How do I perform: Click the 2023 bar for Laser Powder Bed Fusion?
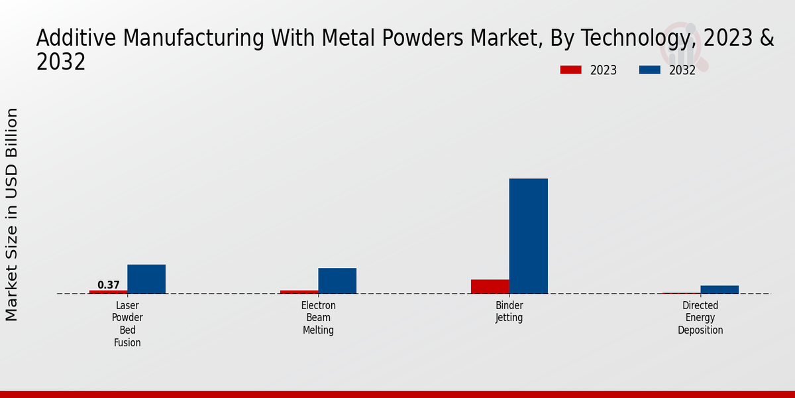pos(108,292)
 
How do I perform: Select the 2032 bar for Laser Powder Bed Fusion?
pos(146,279)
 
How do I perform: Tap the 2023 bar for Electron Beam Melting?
pos(299,292)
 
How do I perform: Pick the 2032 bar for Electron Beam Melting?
pos(337,281)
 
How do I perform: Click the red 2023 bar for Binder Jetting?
pos(490,287)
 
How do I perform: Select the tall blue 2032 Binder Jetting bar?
pos(528,236)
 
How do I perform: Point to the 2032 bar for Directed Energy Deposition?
pos(719,289)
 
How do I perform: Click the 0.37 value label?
pos(109,285)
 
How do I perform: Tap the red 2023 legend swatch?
pos(570,70)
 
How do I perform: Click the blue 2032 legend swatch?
pos(649,70)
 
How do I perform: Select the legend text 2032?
pos(682,70)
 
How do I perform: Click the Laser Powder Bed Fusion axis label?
pos(127,324)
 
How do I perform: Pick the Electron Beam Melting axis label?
pos(319,318)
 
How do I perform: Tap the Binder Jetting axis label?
pos(509,312)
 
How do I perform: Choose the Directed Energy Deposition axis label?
pos(700,318)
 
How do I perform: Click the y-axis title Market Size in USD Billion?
pos(12,214)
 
